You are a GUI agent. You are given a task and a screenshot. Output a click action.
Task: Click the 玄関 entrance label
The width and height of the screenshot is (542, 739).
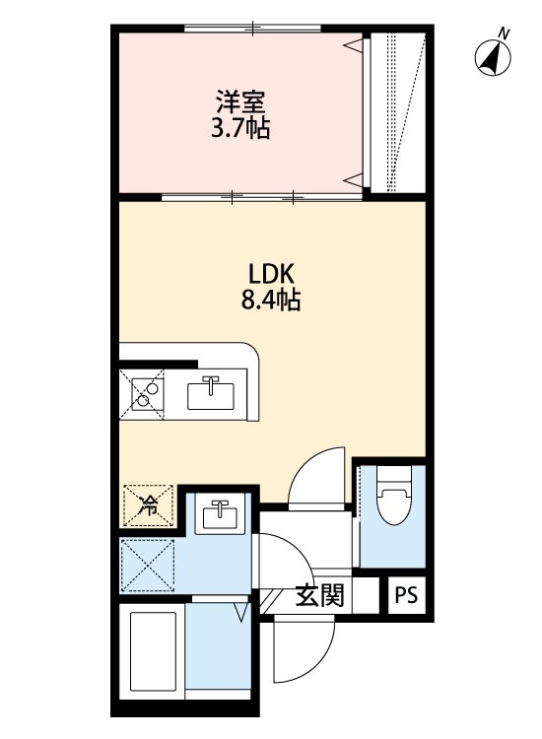[319, 595]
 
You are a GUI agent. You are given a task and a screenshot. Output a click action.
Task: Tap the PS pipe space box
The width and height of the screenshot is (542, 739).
[406, 595]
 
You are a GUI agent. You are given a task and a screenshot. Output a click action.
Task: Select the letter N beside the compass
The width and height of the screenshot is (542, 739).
[505, 34]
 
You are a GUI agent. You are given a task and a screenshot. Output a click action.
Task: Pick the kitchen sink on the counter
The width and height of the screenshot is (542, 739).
[211, 393]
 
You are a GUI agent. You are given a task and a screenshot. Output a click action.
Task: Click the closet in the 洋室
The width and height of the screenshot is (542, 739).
[396, 113]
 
